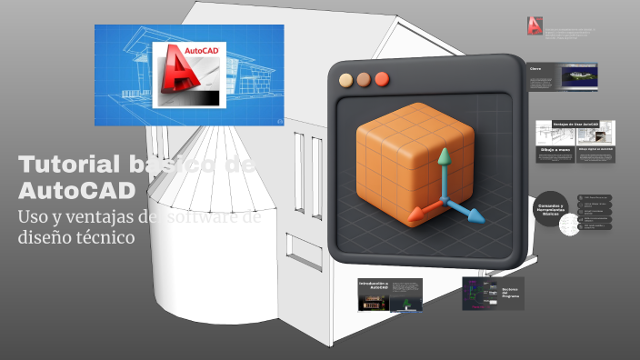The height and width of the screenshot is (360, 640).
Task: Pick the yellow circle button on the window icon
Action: (x=345, y=79)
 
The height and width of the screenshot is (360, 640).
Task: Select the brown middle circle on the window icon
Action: (x=364, y=79)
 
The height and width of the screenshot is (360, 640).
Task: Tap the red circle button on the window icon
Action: (x=383, y=79)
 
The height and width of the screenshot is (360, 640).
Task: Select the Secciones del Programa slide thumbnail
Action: (x=493, y=294)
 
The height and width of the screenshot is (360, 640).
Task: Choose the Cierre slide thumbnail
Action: (x=564, y=77)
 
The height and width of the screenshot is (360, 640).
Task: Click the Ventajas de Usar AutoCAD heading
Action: (x=576, y=123)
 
